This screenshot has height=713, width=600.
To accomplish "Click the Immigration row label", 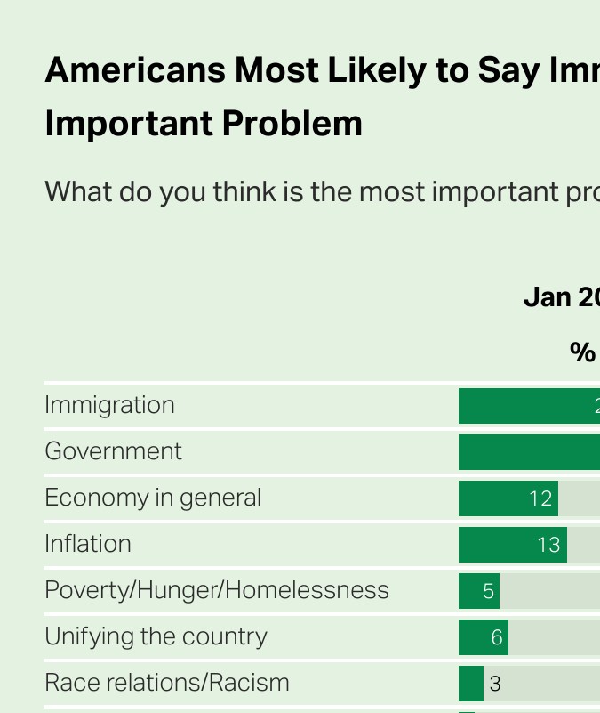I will coord(109,405).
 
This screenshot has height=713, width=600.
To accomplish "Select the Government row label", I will coord(113,451).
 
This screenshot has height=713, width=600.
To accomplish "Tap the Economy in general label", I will coord(153,498).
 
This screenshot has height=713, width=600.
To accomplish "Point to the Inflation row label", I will coord(88,544).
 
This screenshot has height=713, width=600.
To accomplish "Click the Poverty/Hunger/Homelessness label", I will coord(217,590).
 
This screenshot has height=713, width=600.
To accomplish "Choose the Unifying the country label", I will coord(156,636).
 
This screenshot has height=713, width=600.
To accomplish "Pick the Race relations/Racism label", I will coord(167,683).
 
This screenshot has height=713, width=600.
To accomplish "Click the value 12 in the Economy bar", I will coord(540,498).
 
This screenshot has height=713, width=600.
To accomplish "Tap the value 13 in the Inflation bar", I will coord(549,545).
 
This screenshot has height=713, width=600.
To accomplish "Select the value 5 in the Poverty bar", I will coord(488,591).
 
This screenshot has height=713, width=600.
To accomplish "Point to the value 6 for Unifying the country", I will coord(497,637).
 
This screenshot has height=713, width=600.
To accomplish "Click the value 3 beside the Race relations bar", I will coord(495,684).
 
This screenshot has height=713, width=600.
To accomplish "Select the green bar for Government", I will coord(529,452).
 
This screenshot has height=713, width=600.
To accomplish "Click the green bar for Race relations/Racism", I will coord(471,684).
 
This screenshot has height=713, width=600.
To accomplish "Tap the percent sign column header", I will coord(582,352).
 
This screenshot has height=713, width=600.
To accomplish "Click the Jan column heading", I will coord(547,297).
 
